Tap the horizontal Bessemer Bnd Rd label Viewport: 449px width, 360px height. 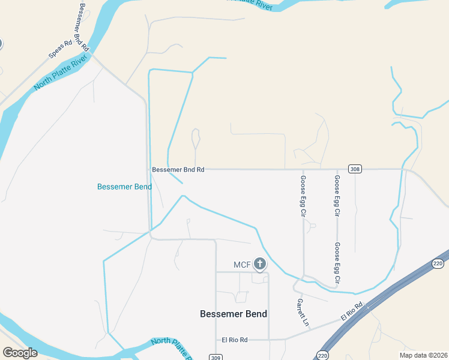(x=178, y=170)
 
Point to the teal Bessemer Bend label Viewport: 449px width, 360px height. (x=124, y=187)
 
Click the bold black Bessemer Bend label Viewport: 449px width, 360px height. (x=233, y=314)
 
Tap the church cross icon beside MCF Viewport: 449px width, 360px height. (x=260, y=263)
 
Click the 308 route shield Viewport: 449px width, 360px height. (x=355, y=169)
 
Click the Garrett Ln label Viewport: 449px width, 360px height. (x=302, y=313)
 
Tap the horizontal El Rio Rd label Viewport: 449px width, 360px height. (x=235, y=340)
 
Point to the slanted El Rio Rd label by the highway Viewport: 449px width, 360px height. (x=352, y=311)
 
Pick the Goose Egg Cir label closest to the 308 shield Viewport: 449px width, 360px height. (x=337, y=196)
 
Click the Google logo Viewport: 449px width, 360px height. (x=20, y=352)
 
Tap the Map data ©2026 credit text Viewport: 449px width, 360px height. (x=423, y=355)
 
